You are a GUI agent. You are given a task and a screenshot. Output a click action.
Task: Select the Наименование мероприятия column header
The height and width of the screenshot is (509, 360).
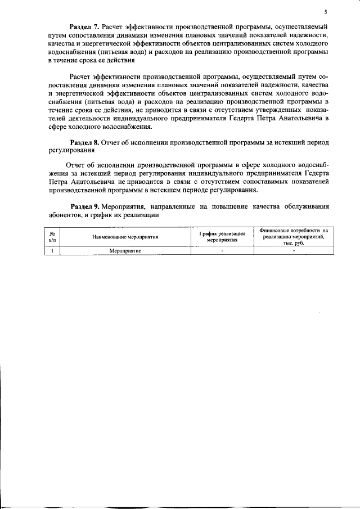coord(125,237)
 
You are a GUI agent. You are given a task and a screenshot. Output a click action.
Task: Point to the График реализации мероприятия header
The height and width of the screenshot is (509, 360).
coord(222,236)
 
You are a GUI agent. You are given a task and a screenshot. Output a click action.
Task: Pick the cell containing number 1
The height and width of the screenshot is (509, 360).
coord(52,251)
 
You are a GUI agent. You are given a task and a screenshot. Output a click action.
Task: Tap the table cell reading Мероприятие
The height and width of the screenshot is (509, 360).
coord(125,251)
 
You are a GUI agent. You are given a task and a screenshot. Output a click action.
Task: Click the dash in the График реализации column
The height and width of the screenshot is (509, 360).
coord(222,251)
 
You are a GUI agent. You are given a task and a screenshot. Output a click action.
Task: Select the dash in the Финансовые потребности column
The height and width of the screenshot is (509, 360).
coord(294,251)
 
